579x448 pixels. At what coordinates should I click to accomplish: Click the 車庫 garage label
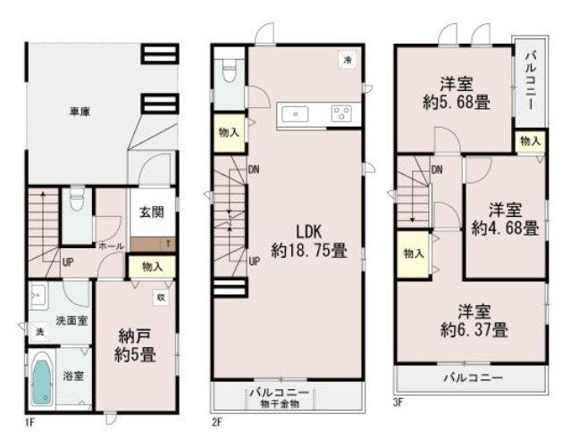point(79,112)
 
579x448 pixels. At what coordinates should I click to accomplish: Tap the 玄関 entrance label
point(151,212)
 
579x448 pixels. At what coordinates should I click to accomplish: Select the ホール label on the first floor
point(111,245)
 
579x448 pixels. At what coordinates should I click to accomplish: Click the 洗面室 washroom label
point(71,319)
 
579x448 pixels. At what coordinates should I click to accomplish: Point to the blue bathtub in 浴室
point(41,378)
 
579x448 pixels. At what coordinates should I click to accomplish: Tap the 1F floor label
point(29,420)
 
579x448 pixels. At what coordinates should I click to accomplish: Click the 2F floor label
point(217,420)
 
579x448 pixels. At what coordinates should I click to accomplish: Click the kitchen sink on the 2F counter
point(295,113)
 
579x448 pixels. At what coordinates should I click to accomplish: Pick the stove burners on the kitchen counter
point(340,113)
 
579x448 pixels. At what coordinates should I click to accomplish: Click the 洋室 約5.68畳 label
point(456,93)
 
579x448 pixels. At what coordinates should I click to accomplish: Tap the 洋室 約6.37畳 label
point(474,321)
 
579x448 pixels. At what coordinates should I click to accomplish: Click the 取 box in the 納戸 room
point(162,297)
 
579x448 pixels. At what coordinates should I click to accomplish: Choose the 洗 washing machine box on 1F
point(38,332)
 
